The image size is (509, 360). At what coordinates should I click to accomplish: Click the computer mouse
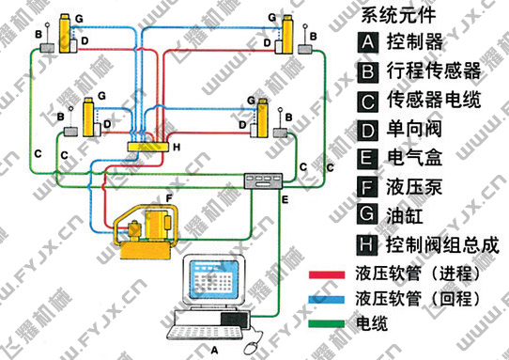pyautogui.click(x=252, y=349)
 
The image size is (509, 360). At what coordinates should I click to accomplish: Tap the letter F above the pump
pyautogui.click(x=168, y=198)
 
